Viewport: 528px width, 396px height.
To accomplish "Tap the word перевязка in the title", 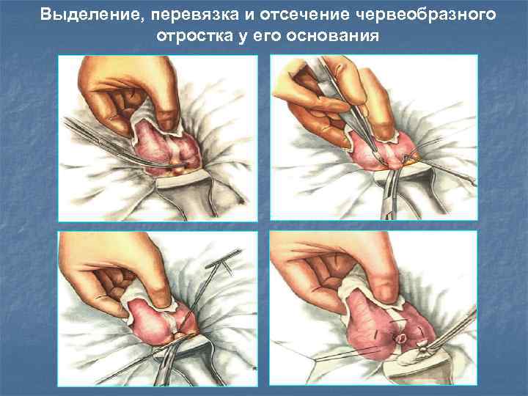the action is click(195, 15).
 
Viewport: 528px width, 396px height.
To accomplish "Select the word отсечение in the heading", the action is click(304, 15).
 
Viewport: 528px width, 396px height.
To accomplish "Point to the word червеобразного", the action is click(425, 15).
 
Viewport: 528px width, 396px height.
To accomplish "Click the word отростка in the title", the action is click(194, 36).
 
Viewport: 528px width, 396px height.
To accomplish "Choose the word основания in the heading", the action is click(333, 36).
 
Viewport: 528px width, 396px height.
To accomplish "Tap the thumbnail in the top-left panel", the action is click(158, 138).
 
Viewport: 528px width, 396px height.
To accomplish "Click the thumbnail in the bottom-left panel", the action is click(158, 309).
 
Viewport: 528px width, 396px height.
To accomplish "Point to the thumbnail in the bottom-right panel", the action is click(373, 308).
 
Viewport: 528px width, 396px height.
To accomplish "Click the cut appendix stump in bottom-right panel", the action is click(401, 338).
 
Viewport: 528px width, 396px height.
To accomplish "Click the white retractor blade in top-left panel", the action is click(178, 179).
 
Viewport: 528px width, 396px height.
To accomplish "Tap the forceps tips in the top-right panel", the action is click(380, 158).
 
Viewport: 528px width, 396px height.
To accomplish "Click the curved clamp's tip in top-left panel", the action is click(181, 165).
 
